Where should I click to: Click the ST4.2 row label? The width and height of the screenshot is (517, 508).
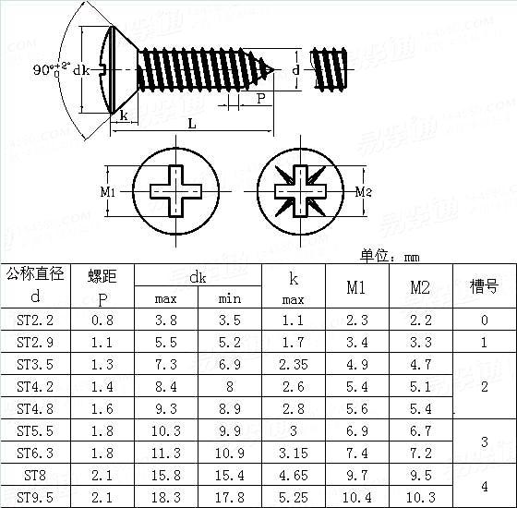pos(35,386)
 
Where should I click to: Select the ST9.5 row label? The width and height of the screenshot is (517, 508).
pos(35,497)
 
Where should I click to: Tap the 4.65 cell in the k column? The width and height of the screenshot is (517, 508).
pos(294,475)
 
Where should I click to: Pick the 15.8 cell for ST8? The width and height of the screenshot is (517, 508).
pos(166,475)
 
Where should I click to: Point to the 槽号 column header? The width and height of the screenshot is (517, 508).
pos(485,287)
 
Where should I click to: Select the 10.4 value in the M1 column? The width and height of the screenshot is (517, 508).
pos(356,497)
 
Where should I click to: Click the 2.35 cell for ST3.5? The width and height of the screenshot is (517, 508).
pos(294,364)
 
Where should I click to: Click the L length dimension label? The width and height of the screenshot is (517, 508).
pos(191,123)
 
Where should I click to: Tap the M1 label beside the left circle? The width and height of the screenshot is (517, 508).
pos(106,192)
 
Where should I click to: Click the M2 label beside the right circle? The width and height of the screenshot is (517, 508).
pos(363,192)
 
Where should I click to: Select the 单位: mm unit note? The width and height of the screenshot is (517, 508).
pos(390,257)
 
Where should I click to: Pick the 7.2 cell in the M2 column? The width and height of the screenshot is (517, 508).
pos(420,453)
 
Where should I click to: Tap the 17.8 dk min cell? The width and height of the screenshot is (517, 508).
pos(230,497)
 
